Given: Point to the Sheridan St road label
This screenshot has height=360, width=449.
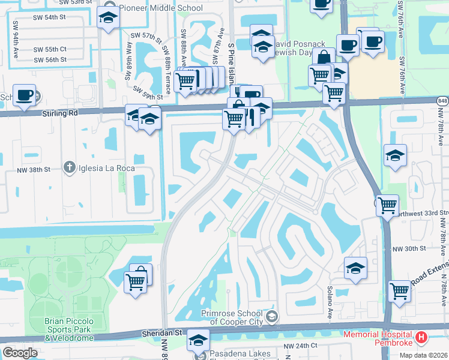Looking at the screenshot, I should coord(161,332).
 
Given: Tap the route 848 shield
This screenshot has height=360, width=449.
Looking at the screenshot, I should coord(442,101).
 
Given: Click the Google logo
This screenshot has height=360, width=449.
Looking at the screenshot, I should coord(20,353).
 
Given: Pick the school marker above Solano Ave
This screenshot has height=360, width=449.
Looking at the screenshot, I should coord(355,268).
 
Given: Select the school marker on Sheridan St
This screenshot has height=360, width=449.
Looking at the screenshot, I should coord(197,340).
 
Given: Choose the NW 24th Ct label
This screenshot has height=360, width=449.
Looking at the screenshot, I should coord(300,346).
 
